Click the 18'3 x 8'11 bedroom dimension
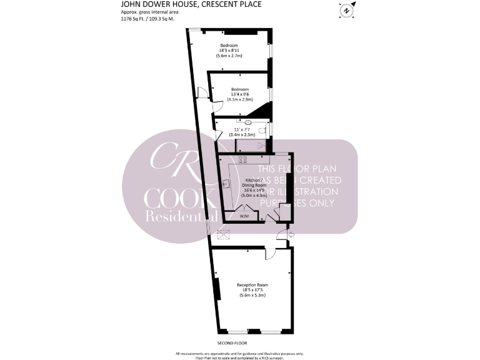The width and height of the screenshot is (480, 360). coord(229,51)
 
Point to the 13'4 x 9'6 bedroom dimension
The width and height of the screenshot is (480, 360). coord(239,94)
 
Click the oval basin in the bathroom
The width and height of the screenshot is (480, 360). coord(247,123)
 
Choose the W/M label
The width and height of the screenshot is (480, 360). coord(244,216)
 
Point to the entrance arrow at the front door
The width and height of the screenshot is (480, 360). coord(287,235)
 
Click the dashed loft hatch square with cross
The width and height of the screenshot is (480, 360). coord(223,235)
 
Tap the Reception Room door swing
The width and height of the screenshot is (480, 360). coord(271,254)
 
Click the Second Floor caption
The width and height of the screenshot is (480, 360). coord(232,343)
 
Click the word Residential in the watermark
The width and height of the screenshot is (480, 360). coord(182,216)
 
